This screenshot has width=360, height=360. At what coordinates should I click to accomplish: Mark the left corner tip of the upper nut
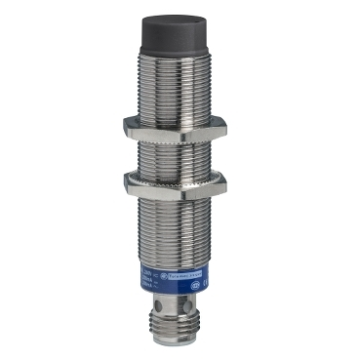click(x=125, y=125)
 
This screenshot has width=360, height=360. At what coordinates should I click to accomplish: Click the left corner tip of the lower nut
click(x=125, y=180)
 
